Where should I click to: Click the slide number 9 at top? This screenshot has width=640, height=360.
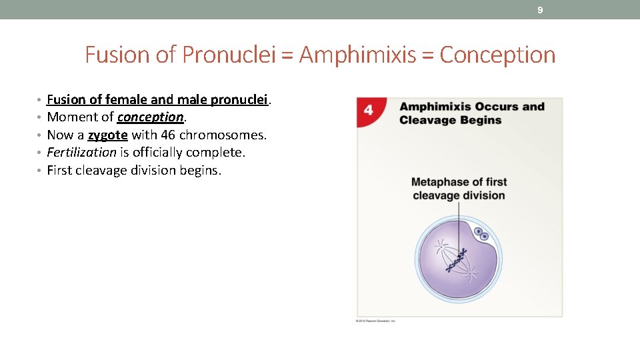(x=540, y=10)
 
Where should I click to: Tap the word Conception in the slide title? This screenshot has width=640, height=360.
(x=497, y=55)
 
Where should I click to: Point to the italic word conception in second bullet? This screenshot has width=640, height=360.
(x=150, y=117)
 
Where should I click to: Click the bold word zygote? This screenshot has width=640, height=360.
(x=107, y=135)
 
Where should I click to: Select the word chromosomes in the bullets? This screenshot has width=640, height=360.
(x=223, y=135)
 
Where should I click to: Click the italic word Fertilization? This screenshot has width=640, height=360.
(x=81, y=153)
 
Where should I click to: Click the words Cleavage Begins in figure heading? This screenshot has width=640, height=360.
(x=451, y=121)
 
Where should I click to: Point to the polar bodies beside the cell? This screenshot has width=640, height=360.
(x=481, y=234)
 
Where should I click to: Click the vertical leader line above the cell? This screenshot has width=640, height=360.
(x=459, y=220)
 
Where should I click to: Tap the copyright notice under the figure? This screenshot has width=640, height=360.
(x=375, y=321)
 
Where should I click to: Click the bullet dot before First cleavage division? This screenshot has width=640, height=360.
(x=41, y=171)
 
